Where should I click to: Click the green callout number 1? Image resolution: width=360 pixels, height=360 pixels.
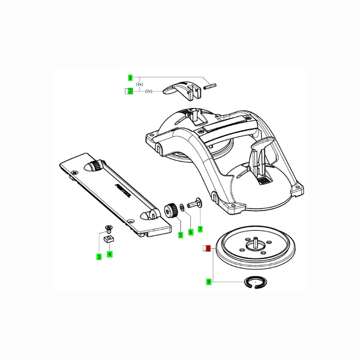[130, 77]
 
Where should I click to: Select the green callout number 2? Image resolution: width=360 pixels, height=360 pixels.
[130, 91]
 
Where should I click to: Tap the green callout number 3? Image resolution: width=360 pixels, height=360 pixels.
[99, 257]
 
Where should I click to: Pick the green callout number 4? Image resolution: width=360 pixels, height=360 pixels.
[109, 254]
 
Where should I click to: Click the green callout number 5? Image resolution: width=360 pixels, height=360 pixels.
[180, 234]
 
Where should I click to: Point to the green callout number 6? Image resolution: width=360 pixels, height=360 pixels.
[190, 232]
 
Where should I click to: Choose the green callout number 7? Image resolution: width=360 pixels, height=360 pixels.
[200, 229]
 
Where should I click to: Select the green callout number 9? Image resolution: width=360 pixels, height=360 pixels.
[209, 282]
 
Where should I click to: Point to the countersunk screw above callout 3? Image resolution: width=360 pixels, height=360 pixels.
[108, 227]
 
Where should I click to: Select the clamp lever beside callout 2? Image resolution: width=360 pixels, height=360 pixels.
[180, 89]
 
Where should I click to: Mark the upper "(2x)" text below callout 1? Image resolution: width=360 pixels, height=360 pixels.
[140, 84]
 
